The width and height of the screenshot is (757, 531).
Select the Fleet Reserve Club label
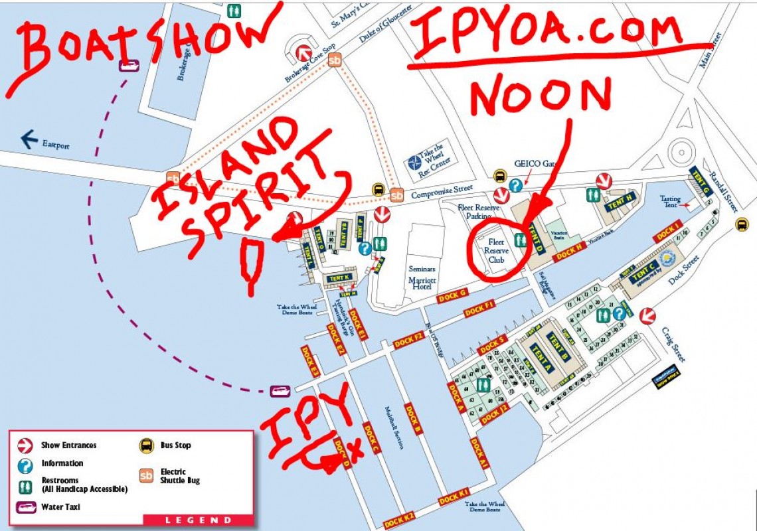(496, 251)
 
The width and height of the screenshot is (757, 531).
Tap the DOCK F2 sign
(408, 340)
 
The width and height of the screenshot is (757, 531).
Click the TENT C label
(644, 272)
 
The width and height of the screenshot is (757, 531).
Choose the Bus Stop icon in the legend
(146, 445)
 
